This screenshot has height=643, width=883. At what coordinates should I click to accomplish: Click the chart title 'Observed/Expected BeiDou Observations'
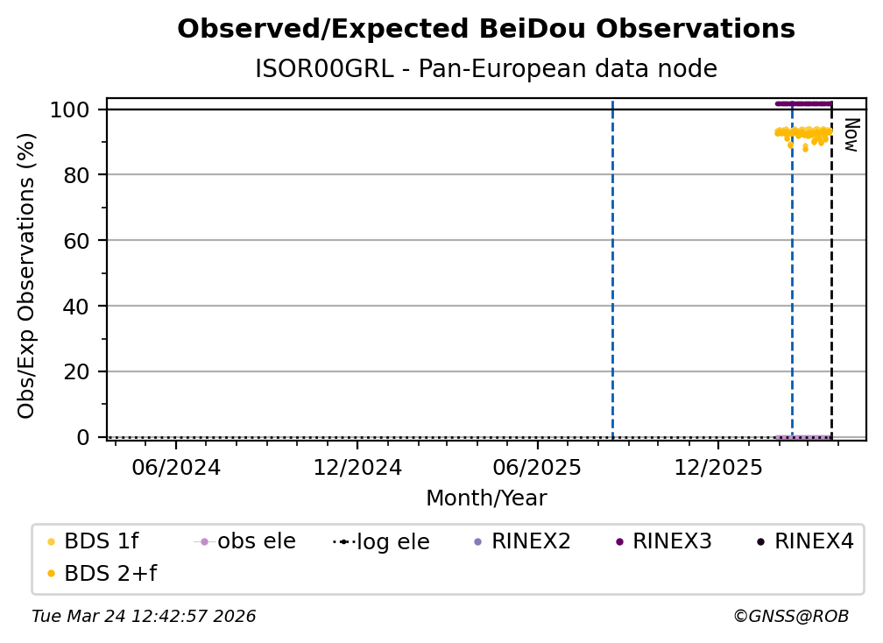point(486,29)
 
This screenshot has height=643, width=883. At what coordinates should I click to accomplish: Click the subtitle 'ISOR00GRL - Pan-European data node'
point(486,69)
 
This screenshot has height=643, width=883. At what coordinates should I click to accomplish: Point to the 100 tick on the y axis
point(70,110)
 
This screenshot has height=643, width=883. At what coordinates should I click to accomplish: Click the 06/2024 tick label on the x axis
point(176,467)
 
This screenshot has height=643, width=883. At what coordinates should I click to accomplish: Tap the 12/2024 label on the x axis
point(357,467)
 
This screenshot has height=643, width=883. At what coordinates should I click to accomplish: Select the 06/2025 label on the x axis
point(537,467)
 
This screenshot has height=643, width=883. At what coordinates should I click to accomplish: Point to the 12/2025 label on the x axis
point(717,467)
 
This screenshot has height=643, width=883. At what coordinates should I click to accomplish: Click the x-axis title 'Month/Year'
point(486,498)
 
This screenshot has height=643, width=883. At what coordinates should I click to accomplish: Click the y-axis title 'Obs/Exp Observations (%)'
point(26,275)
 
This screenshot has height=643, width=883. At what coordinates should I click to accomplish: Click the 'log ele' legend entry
point(392,542)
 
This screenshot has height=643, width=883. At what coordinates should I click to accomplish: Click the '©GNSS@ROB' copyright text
point(790,617)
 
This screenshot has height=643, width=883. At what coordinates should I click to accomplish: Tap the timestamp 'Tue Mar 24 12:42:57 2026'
point(144,617)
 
